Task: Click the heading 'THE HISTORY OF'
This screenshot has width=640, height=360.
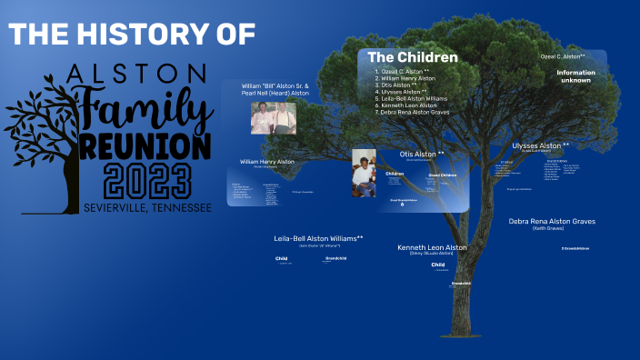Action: (133, 35)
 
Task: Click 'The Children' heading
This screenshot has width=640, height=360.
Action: (413, 57)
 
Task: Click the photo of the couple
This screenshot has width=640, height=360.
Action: (273, 118)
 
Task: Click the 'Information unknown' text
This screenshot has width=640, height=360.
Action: (575, 76)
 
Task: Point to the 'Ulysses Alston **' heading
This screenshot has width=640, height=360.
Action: (541, 145)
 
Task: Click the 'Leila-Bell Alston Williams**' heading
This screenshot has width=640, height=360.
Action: (318, 238)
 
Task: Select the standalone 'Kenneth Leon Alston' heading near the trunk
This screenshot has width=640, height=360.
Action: (432, 247)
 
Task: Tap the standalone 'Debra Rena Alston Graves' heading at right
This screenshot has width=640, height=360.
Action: (564, 221)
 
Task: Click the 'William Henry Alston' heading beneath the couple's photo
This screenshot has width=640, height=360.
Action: (267, 162)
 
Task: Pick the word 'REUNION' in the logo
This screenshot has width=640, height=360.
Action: (146, 145)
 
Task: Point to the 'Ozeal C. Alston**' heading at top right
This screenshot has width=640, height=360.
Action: (563, 56)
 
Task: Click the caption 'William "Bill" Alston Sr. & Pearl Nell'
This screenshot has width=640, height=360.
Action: (275, 89)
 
